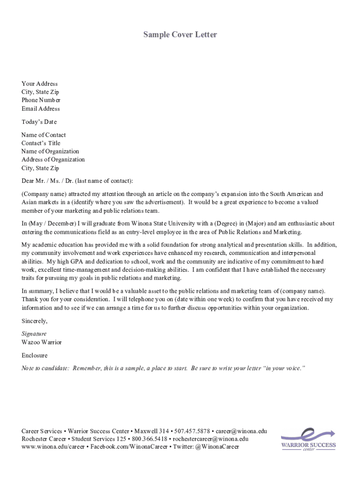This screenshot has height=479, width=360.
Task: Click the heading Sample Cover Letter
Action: pyautogui.click(x=180, y=35)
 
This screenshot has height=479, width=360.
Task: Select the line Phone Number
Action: pyautogui.click(x=41, y=100)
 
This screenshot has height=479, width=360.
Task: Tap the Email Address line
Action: pyautogui.click(x=41, y=109)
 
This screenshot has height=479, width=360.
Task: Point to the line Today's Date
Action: pyautogui.click(x=39, y=122)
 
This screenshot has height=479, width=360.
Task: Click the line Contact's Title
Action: pyautogui.click(x=41, y=143)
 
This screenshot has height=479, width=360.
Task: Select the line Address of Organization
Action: pyautogui.click(x=53, y=160)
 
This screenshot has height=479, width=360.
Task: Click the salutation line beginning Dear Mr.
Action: pyautogui.click(x=77, y=181)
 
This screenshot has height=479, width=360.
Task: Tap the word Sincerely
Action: pyautogui.click(x=34, y=321)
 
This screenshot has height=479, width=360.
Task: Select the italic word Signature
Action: pyautogui.click(x=34, y=334)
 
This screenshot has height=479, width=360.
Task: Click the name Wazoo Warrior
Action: pyautogui.click(x=42, y=342)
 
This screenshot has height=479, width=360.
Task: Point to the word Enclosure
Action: pyautogui.click(x=35, y=356)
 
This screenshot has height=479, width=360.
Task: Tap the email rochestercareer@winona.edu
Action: pyautogui.click(x=210, y=439)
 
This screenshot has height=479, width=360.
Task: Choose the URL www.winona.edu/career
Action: pyautogui.click(x=53, y=447)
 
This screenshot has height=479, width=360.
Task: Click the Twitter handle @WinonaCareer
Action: pyautogui.click(x=217, y=447)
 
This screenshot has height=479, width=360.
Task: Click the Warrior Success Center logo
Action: pyautogui.click(x=308, y=440)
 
